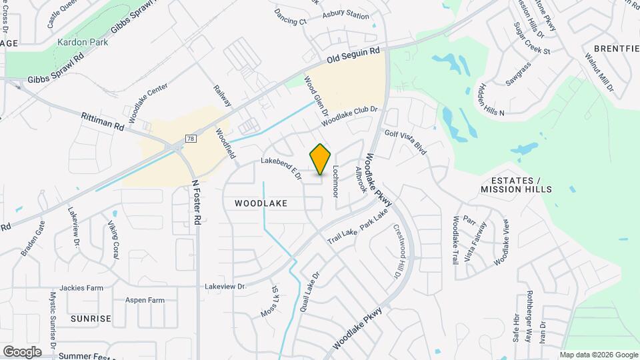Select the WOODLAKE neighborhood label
pos(260,202)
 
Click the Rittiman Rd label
pos(103,120)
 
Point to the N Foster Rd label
pos(196,201)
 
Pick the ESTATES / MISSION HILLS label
pos(517,185)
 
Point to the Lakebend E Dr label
pos(281,167)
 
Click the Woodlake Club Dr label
pos(349,117)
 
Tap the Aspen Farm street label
pos(145,300)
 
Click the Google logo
pos(22,351)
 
